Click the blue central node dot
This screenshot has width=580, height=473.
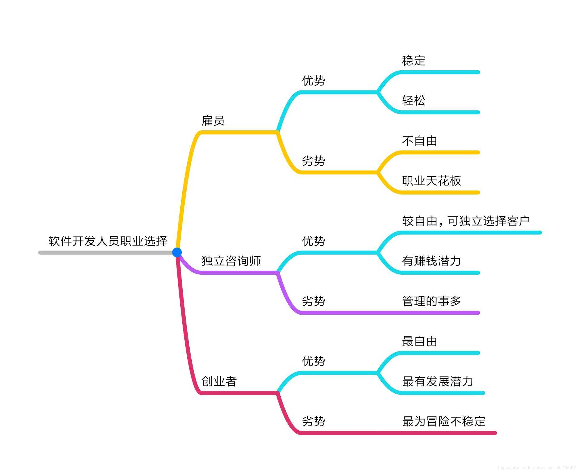coord(177,252)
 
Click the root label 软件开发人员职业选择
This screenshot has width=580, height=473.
coord(108,241)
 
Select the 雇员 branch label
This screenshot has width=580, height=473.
coord(213,121)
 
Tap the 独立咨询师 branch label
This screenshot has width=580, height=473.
coord(231,261)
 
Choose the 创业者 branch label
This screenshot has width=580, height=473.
coord(219,381)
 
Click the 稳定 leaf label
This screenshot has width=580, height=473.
coord(413,61)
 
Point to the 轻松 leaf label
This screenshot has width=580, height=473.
coord(413,101)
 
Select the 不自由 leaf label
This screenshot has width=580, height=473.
coord(420,141)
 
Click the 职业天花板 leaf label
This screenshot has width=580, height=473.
coord(431,181)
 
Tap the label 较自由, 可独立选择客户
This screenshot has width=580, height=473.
coord(466,221)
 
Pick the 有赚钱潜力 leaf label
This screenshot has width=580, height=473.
coord(431,261)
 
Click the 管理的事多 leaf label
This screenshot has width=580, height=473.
coord(431,301)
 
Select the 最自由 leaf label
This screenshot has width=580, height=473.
coord(420,341)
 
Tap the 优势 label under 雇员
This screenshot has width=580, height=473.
coord(313,81)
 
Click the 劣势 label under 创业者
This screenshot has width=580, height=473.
coord(313,421)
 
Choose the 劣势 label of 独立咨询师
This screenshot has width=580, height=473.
coord(313,301)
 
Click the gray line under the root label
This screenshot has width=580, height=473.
coord(105,253)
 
